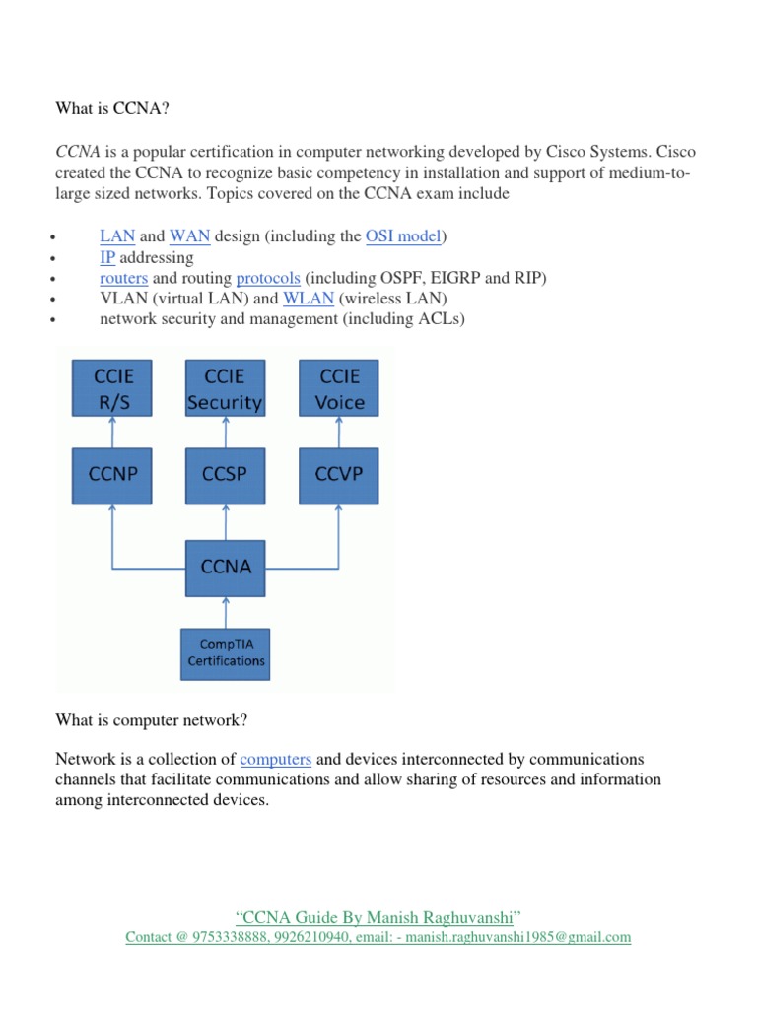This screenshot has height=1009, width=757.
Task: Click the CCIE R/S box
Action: pyautogui.click(x=112, y=388)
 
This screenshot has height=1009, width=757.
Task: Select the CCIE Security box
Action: pyautogui.click(x=225, y=388)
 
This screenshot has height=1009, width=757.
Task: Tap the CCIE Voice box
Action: pyautogui.click(x=338, y=388)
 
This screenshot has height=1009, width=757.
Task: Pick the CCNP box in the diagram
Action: pyautogui.click(x=112, y=474)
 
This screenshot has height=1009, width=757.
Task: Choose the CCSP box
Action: pyautogui.click(x=225, y=474)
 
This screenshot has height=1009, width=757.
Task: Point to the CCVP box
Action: pyautogui.click(x=338, y=474)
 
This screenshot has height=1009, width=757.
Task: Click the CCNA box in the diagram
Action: pyautogui.click(x=225, y=567)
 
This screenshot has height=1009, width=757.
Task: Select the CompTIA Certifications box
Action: pyautogui.click(x=226, y=652)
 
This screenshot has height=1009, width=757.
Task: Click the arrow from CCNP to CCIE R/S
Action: pyautogui.click(x=112, y=431)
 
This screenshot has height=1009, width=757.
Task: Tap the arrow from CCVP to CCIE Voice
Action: pyautogui.click(x=338, y=431)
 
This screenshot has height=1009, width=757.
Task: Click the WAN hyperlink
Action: pyautogui.click(x=189, y=236)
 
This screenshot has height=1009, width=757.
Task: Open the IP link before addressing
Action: pyautogui.click(x=107, y=257)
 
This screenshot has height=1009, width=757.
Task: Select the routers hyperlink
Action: pyautogui.click(x=123, y=278)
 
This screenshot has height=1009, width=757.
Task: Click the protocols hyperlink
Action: pyautogui.click(x=268, y=278)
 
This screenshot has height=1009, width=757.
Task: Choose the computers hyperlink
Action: pyautogui.click(x=276, y=759)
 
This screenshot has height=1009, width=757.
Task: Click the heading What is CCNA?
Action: pyautogui.click(x=103, y=109)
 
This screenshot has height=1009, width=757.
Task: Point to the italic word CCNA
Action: pyautogui.click(x=76, y=153)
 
